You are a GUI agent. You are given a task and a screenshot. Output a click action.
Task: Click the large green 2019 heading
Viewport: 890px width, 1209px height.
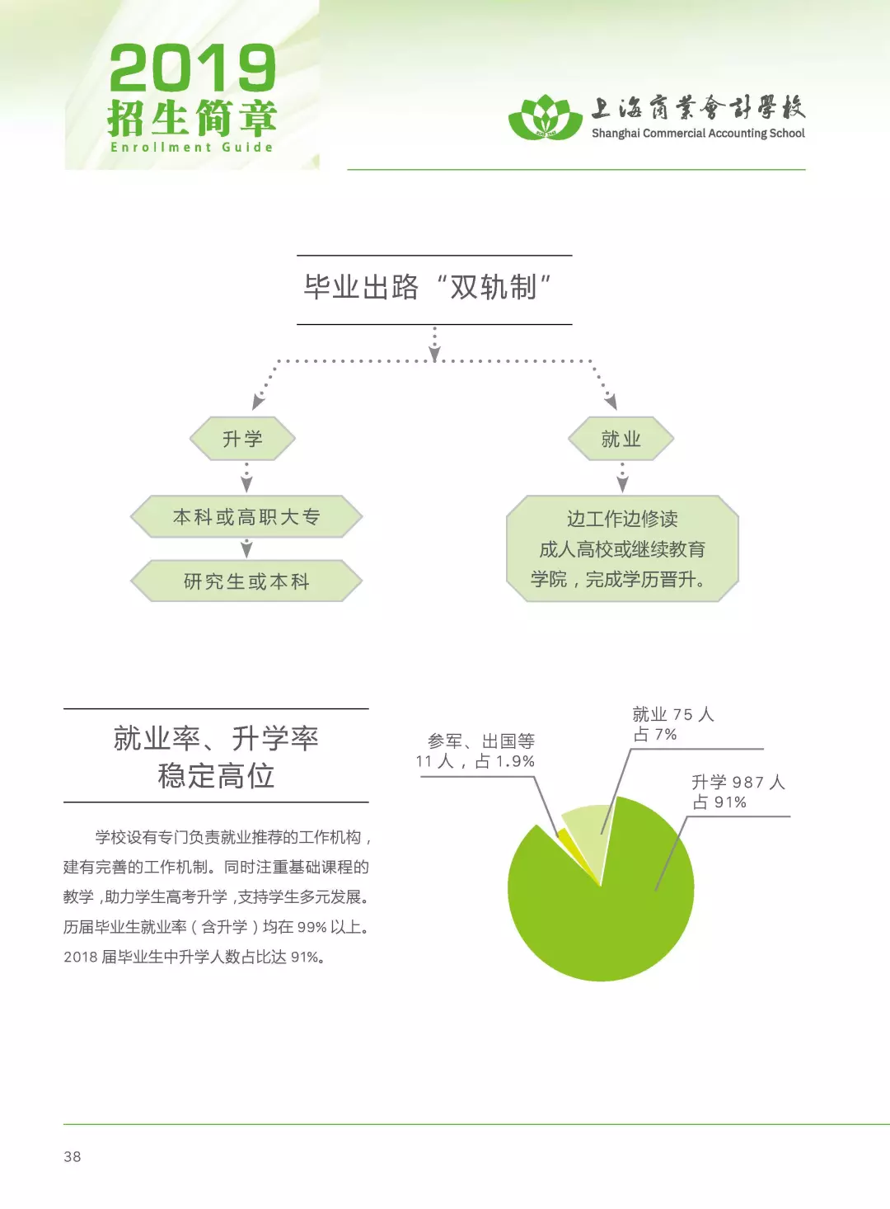click(193, 68)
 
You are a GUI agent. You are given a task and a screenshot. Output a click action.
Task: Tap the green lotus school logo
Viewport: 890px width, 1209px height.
click(546, 118)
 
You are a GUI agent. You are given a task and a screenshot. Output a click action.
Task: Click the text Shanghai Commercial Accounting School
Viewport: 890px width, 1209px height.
click(698, 134)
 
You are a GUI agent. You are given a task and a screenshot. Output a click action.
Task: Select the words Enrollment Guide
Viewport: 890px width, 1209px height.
click(191, 147)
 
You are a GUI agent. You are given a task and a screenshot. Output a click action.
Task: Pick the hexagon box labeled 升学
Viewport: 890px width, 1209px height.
click(243, 438)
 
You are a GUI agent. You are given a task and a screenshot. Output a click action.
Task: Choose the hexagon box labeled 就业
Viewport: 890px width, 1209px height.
click(621, 438)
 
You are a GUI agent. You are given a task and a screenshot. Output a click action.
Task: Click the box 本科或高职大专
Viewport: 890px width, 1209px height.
click(246, 516)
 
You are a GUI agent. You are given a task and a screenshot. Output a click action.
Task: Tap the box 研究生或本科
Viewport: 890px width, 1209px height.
click(246, 581)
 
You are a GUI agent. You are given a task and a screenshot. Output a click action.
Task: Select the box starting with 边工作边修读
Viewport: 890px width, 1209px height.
click(622, 548)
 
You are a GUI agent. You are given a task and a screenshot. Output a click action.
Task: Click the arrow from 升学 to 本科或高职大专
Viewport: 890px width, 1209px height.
click(246, 477)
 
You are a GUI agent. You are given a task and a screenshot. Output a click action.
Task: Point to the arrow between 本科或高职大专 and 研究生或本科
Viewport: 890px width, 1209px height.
click(246, 548)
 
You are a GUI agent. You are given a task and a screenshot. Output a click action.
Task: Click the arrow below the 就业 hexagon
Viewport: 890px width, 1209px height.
click(622, 477)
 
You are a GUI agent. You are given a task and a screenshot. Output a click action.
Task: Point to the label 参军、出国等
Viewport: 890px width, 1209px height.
click(481, 741)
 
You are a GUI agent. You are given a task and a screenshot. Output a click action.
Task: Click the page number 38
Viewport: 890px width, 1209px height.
click(73, 1157)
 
